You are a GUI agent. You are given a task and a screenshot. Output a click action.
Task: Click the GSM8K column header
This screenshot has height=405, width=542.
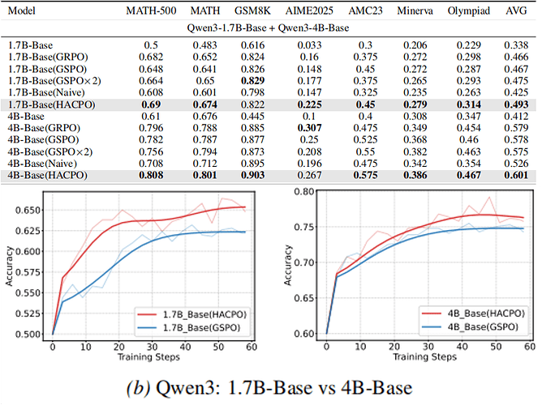point(252,11)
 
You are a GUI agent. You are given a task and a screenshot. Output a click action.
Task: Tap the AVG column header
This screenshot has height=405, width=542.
point(516,11)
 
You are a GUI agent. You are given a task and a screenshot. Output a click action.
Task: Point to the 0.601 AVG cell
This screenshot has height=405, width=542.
point(516,177)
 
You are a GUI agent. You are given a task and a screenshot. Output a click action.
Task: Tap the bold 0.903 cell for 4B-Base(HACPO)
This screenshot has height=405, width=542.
point(252,177)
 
